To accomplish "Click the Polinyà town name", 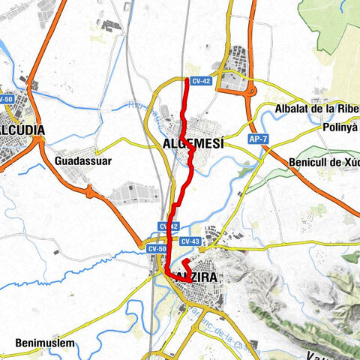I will [341, 128].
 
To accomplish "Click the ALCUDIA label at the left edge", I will [21, 130].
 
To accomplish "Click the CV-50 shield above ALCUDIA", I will [6, 99].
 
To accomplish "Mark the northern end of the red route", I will [186, 79].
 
